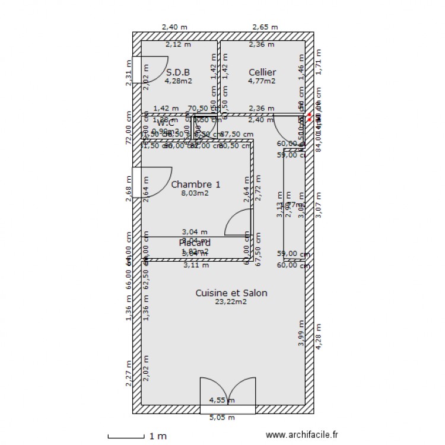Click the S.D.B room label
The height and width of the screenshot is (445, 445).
point(178,72)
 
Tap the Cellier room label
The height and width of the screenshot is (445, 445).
point(262,72)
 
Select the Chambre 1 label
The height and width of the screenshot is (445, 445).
point(195,185)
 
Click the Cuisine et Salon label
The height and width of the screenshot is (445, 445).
point(231,293)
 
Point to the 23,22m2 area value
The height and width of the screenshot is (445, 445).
point(231,302)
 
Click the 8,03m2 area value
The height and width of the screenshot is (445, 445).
point(195,193)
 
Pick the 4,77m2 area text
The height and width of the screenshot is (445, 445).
point(262,81)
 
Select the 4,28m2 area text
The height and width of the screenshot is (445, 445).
point(178,81)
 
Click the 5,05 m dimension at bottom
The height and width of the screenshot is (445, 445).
point(223,418)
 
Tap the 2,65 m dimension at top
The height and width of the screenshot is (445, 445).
point(265,27)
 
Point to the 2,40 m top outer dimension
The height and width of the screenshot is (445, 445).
point(175,27)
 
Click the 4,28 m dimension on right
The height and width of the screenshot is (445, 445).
point(319,338)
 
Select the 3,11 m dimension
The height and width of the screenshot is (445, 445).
point(196,265)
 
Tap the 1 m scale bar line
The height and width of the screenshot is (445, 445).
point(126,437)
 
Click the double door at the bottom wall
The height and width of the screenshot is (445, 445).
point(228,395)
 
